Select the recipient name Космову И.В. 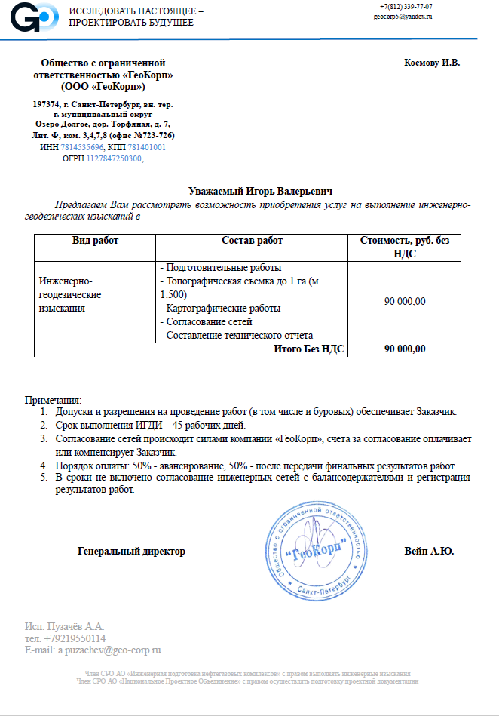coord(432,62)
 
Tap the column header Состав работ coord(252,241)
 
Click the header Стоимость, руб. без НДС coord(404,247)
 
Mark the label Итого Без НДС coord(311,349)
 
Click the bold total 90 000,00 coord(404,349)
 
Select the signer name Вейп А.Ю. coord(429,552)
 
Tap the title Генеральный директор coord(131,552)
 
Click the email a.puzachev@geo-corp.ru coord(93,650)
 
